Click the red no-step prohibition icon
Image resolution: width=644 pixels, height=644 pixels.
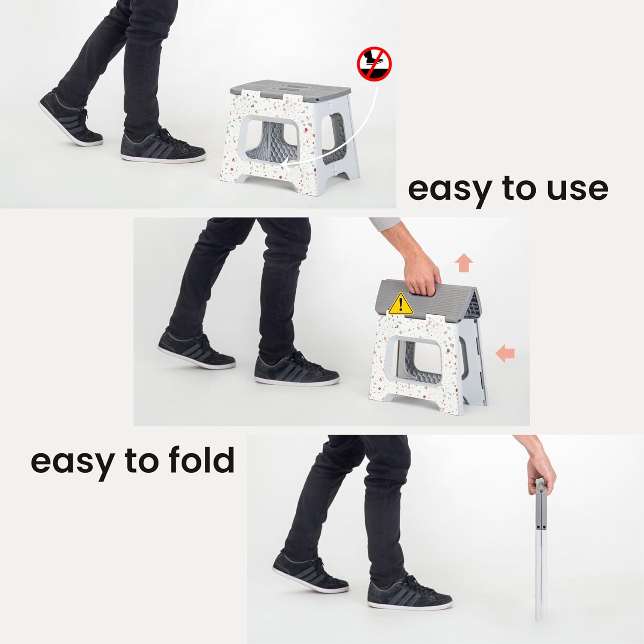pyautogui.click(x=374, y=64)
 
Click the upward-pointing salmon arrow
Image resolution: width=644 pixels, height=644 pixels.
pyautogui.click(x=463, y=263)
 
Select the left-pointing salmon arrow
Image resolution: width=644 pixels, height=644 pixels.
pyautogui.click(x=505, y=354)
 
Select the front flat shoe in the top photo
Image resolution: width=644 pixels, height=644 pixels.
pyautogui.click(x=163, y=145)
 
